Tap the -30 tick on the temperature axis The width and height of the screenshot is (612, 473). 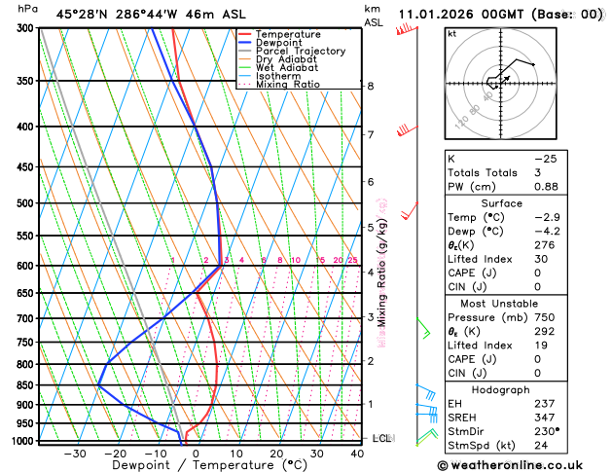tap(75, 454)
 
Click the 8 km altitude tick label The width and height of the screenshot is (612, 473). tap(370, 86)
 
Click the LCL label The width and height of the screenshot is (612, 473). tap(382, 438)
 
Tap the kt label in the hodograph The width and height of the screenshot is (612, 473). tap(451, 33)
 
